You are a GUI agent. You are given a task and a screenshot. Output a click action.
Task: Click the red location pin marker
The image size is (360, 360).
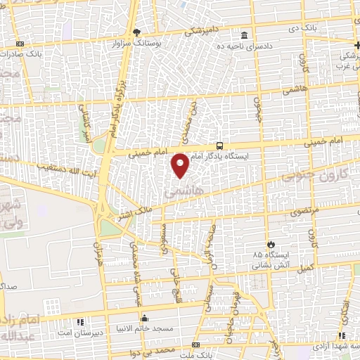pyautogui.click(x=181, y=165)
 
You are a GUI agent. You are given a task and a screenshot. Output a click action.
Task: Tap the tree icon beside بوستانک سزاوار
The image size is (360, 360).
pyautogui.click(x=138, y=32)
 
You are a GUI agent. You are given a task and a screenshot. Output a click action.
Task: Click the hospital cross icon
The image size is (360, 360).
pyautogui.click(x=357, y=44)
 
